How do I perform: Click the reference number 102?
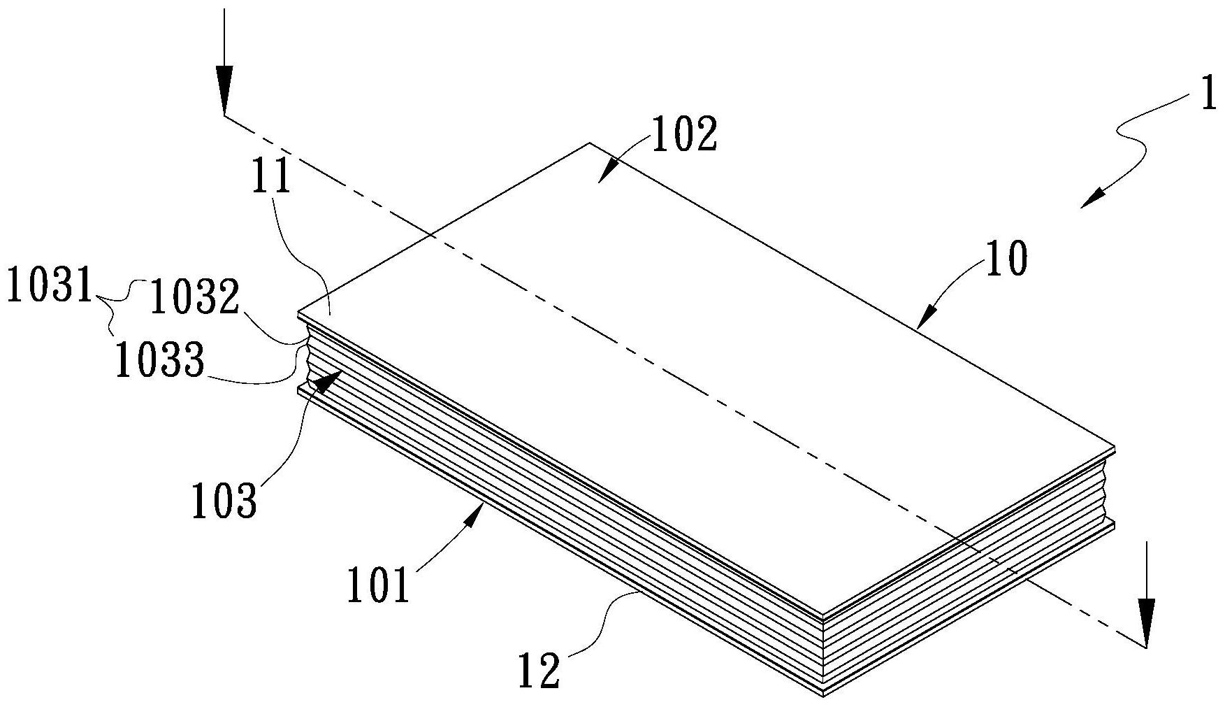[x=684, y=135]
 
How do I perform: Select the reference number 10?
[x=1006, y=259]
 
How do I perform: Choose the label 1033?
[x=160, y=362]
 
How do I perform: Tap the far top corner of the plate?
[x=589, y=144]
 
